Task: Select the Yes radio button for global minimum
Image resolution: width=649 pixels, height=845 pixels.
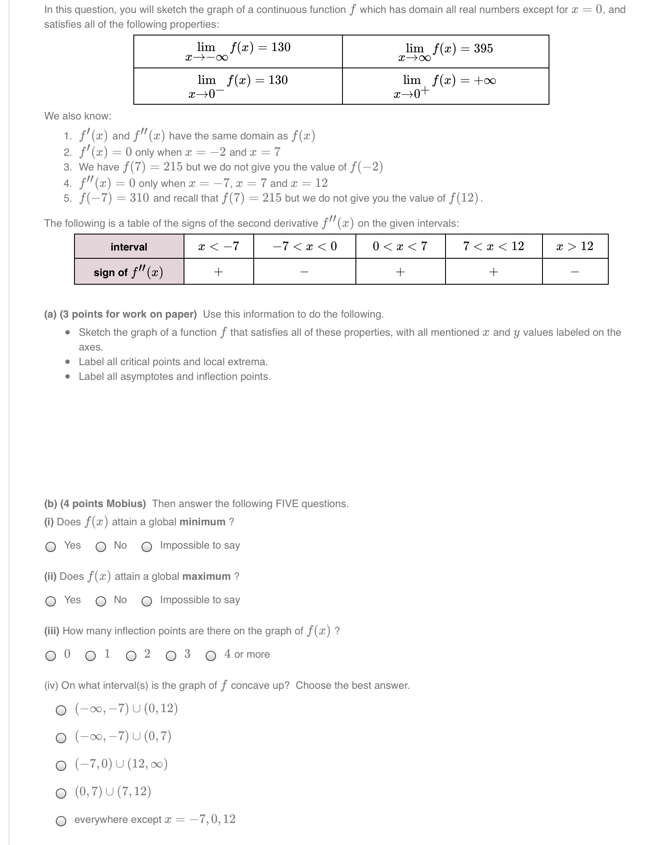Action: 51,547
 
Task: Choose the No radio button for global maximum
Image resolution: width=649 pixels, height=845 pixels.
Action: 101,601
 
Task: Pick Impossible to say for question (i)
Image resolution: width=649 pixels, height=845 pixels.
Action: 147,547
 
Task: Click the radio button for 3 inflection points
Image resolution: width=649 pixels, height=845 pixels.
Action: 171,656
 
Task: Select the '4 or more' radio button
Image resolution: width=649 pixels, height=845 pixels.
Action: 211,656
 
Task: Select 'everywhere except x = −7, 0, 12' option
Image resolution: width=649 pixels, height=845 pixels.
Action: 61,821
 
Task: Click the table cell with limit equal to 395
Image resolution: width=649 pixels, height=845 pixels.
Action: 446,51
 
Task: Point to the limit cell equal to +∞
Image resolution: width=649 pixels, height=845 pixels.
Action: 446,86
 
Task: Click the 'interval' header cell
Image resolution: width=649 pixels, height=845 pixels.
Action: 129,247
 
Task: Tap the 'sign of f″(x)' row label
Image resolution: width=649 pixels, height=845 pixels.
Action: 129,272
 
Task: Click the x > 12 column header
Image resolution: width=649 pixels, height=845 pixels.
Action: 575,246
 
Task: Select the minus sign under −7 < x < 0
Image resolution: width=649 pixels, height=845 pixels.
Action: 304,272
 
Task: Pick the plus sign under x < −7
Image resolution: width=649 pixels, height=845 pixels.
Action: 219,272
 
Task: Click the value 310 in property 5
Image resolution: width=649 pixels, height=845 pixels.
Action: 139,198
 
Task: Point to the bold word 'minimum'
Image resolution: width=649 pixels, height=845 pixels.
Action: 202,522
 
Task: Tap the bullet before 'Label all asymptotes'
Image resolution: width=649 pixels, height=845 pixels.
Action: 67,376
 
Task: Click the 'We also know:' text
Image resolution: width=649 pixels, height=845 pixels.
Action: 77,116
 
